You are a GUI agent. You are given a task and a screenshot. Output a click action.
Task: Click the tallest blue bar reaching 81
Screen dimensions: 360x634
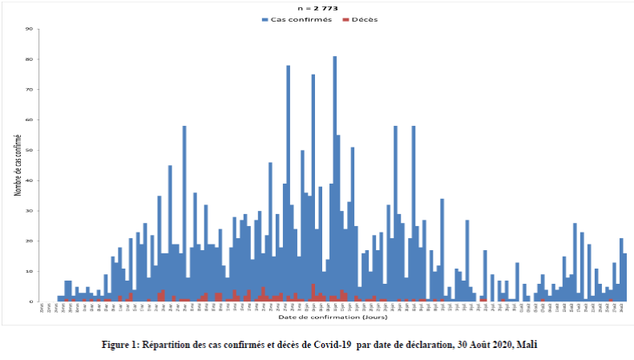pyautogui.click(x=334, y=176)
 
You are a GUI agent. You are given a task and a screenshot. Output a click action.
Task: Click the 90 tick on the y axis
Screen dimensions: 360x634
pyautogui.click(x=30, y=30)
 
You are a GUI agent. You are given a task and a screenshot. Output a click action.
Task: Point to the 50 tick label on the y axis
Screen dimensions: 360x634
pyautogui.click(x=30, y=151)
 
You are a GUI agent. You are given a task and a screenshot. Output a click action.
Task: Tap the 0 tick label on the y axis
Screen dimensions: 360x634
pyautogui.click(x=31, y=301)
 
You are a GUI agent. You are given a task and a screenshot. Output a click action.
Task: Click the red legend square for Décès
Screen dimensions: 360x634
pyautogui.click(x=345, y=19)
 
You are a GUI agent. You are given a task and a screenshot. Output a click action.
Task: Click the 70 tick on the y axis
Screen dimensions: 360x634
pyautogui.click(x=30, y=90)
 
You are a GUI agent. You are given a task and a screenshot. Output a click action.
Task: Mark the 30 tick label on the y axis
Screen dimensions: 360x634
pyautogui.click(x=30, y=211)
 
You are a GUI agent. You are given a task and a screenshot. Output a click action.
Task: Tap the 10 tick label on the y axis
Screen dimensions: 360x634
pyautogui.click(x=30, y=271)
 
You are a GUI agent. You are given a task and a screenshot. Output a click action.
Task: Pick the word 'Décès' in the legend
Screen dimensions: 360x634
pyautogui.click(x=365, y=19)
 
